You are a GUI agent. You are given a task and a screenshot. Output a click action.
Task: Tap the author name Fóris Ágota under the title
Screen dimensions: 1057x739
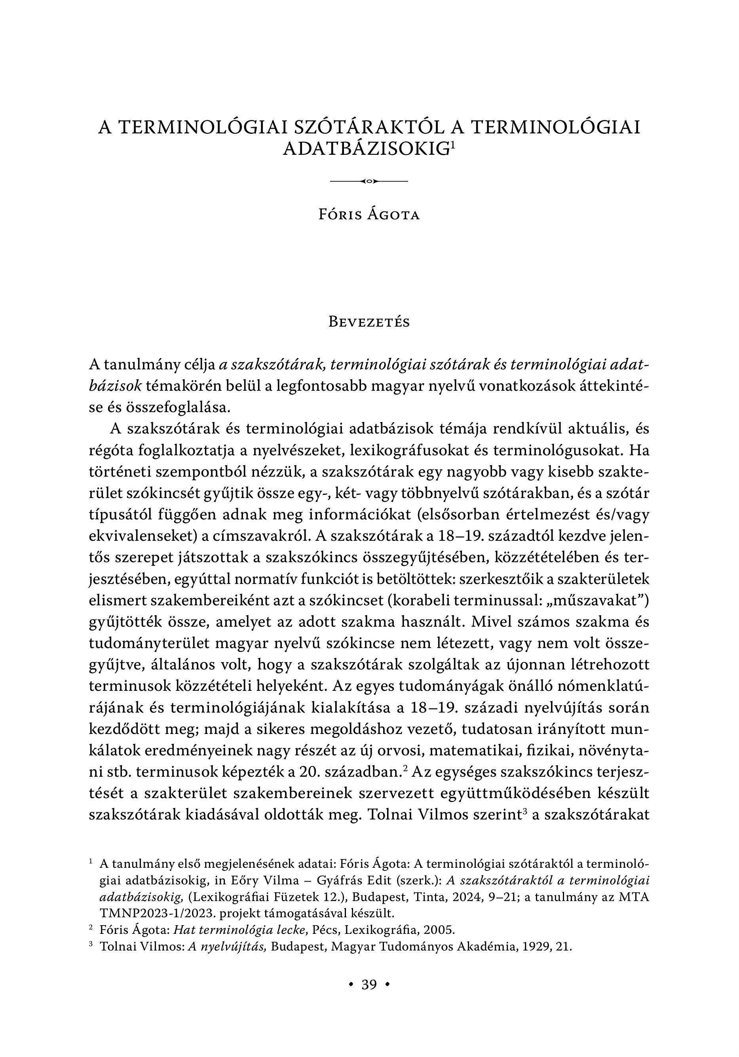coord(369,215)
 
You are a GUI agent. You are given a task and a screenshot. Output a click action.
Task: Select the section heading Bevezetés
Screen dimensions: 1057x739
coord(369,322)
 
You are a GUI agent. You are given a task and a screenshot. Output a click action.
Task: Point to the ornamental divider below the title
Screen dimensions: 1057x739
coord(369,181)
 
